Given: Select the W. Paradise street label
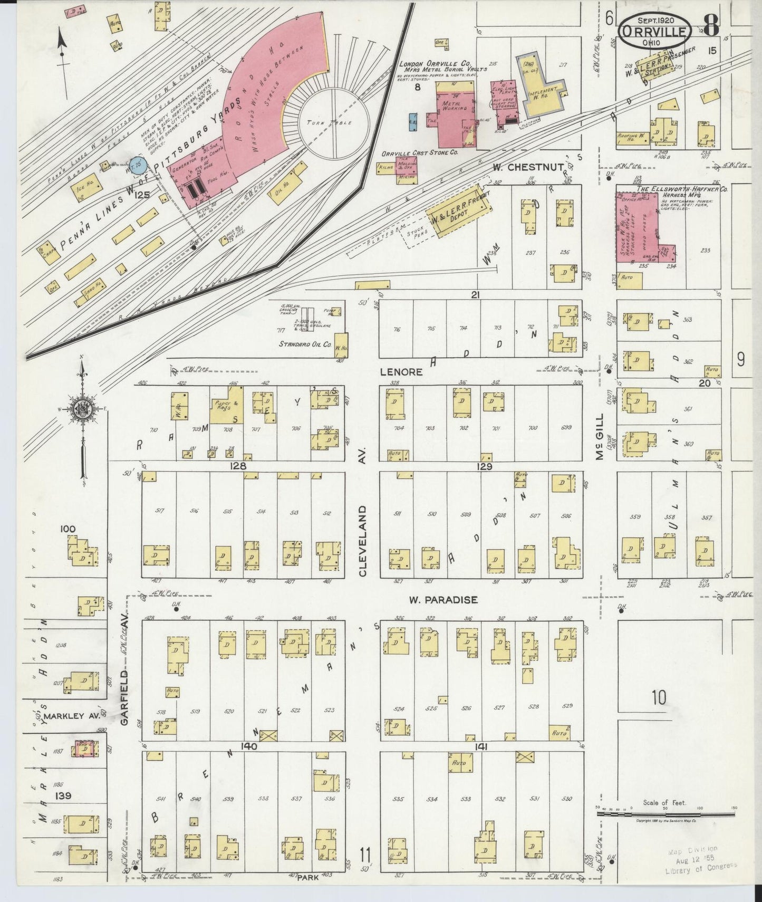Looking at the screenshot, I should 443,600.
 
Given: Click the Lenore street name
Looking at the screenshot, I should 402,371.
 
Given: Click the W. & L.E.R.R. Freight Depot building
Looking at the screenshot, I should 454,217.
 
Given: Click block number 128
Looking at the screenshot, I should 238,466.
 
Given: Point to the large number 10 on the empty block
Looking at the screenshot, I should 658,698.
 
